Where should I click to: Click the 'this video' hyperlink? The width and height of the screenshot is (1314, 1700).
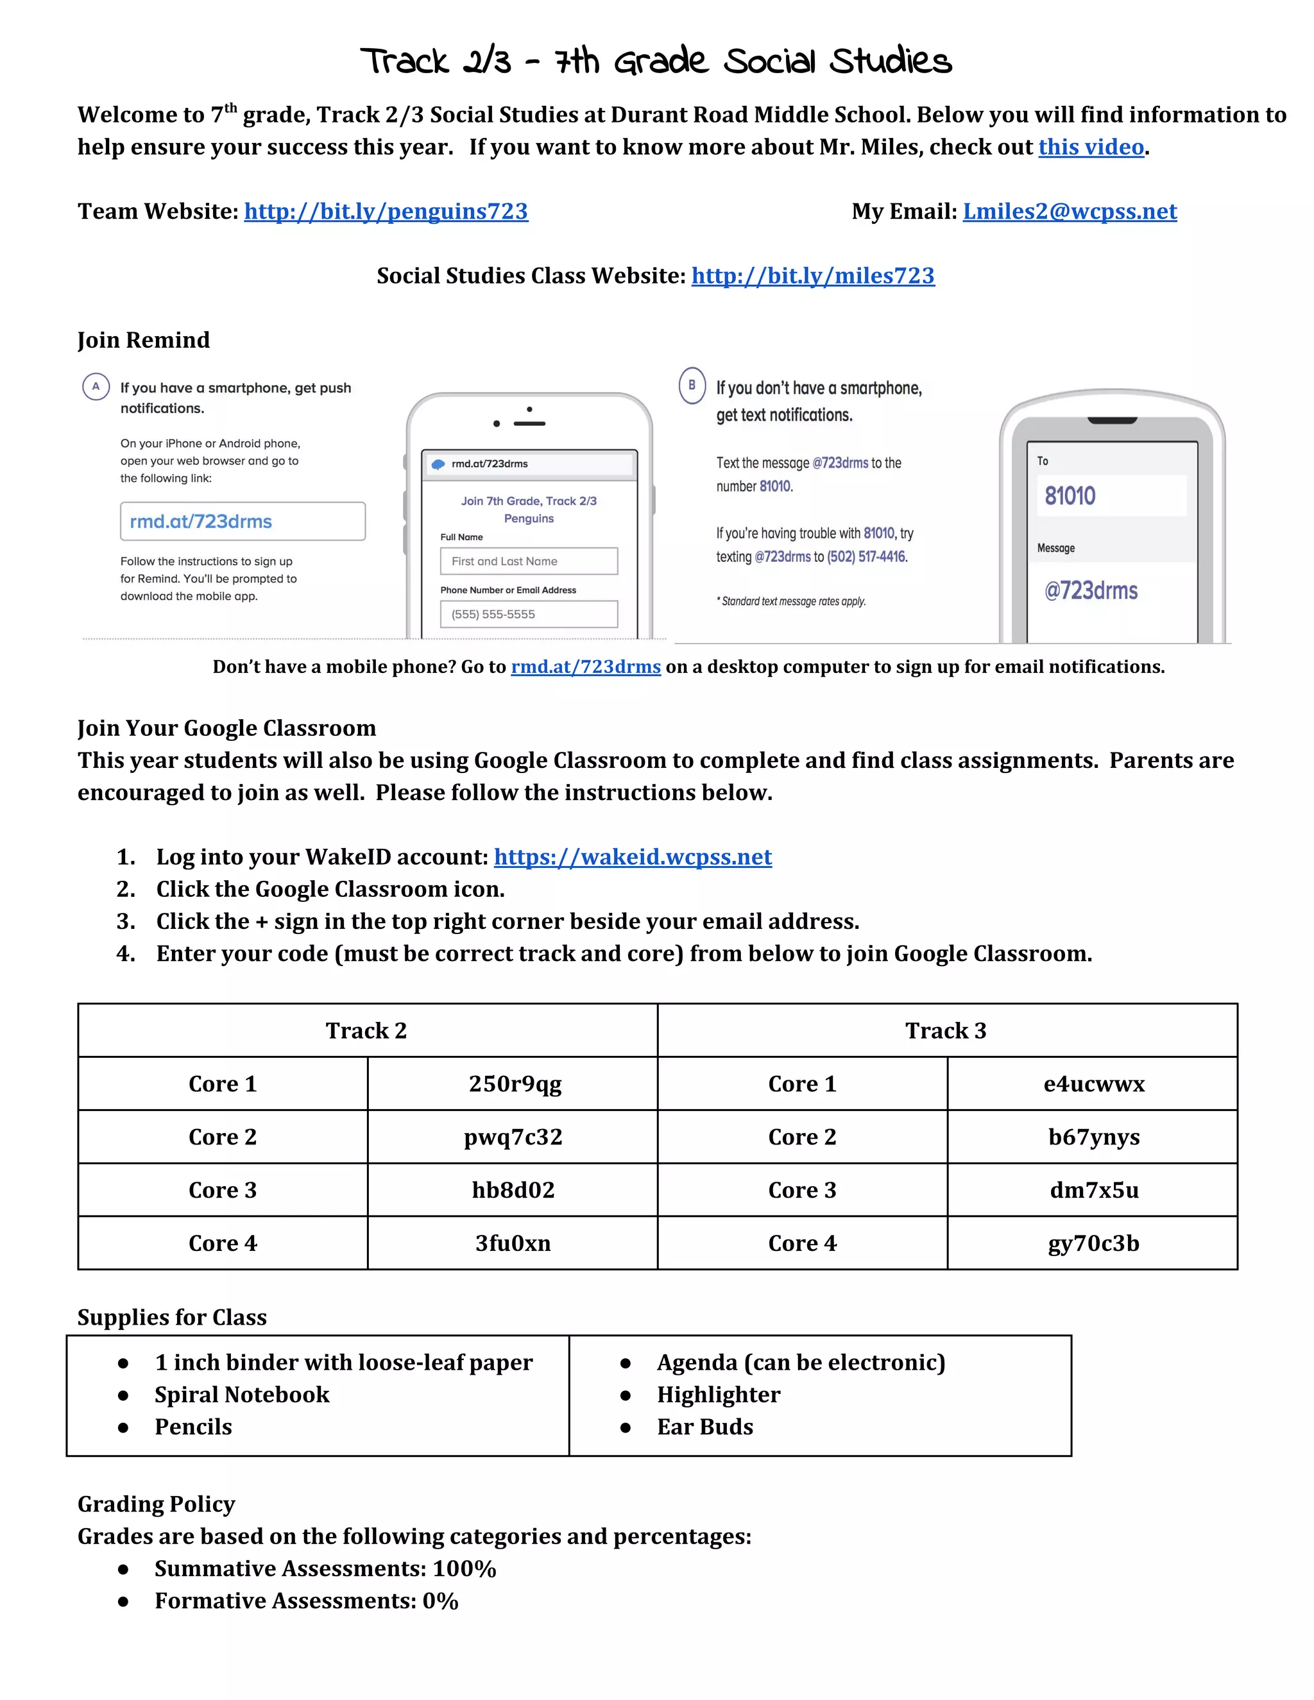point(1091,147)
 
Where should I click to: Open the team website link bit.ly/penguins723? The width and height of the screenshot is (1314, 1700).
point(386,212)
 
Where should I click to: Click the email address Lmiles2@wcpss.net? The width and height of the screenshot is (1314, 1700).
point(1070,212)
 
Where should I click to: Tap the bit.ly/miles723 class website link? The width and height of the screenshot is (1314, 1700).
point(813,276)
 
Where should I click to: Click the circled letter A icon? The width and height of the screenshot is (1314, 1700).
point(96,386)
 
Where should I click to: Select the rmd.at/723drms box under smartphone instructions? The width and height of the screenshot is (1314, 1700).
point(242,522)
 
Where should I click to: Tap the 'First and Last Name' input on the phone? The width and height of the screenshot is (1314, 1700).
point(529,561)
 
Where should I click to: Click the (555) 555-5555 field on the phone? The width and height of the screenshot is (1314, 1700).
point(529,614)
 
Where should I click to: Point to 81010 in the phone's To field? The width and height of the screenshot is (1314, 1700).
point(1070,496)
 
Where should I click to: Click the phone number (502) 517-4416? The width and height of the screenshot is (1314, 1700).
point(866,557)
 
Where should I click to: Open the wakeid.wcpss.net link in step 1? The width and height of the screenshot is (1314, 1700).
point(632,857)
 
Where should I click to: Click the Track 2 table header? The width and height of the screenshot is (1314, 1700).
point(366,1031)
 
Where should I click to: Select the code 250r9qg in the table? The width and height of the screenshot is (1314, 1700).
point(515,1084)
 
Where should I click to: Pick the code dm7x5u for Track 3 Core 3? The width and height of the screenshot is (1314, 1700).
point(1094,1190)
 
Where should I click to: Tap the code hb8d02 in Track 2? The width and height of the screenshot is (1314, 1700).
point(513,1190)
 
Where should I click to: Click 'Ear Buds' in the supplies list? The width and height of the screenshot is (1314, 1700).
point(704,1427)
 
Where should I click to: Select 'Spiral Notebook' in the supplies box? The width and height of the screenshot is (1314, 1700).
point(242,1395)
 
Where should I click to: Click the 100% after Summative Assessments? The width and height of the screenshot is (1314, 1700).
point(465,1568)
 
